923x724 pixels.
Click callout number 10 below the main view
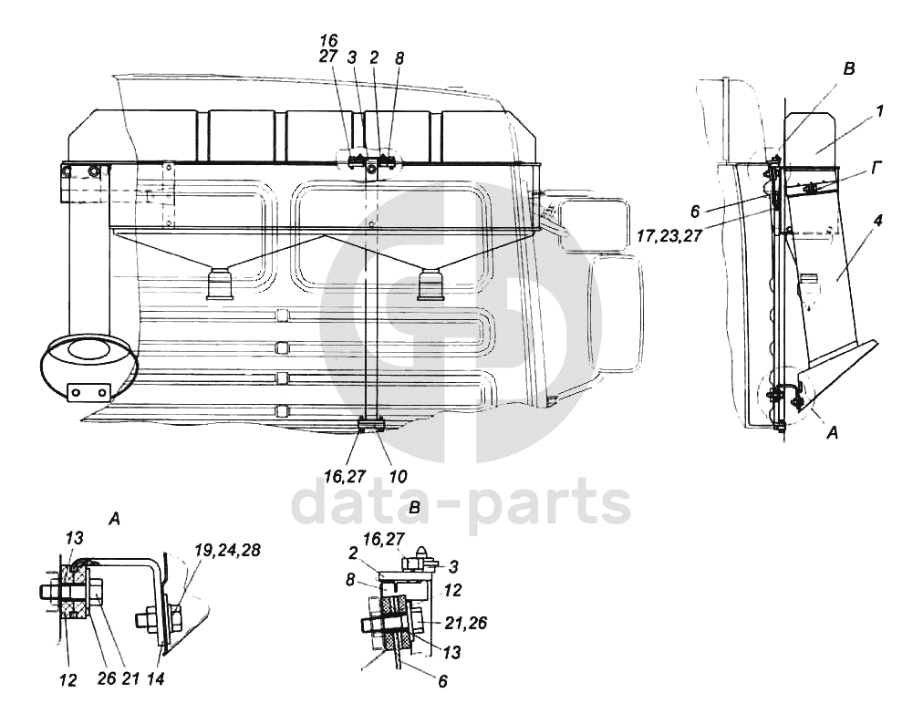[x=397, y=475]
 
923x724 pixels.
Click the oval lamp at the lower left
[x=88, y=363]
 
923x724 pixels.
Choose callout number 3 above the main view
[x=351, y=57]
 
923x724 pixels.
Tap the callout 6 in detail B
[x=442, y=679]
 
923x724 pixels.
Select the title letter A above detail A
[x=114, y=518]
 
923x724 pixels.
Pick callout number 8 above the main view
[x=399, y=57]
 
